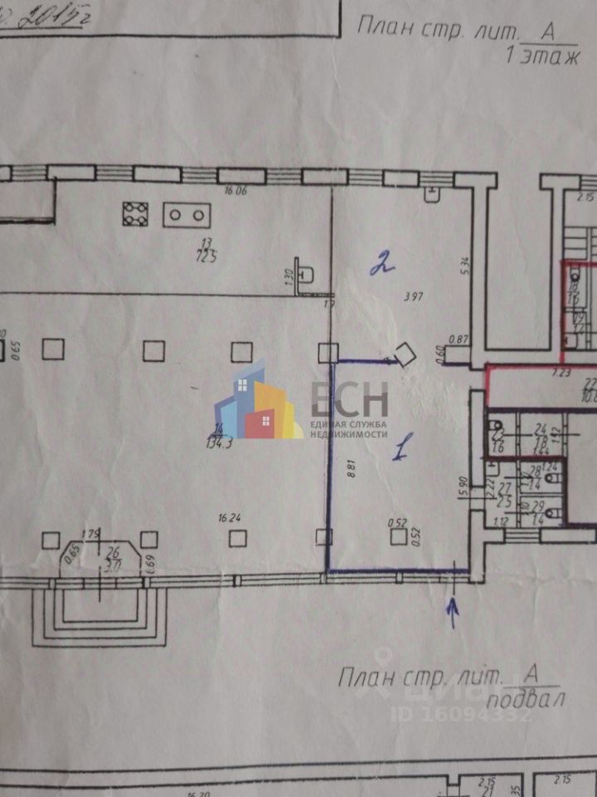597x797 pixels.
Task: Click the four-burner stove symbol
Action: (135, 214)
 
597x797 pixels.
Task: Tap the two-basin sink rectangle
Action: (187, 215)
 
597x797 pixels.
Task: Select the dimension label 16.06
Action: (236, 190)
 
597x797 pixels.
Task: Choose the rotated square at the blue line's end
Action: (405, 355)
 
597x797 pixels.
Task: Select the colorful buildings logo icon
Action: (257, 401)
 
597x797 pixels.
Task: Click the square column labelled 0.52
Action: (399, 537)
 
